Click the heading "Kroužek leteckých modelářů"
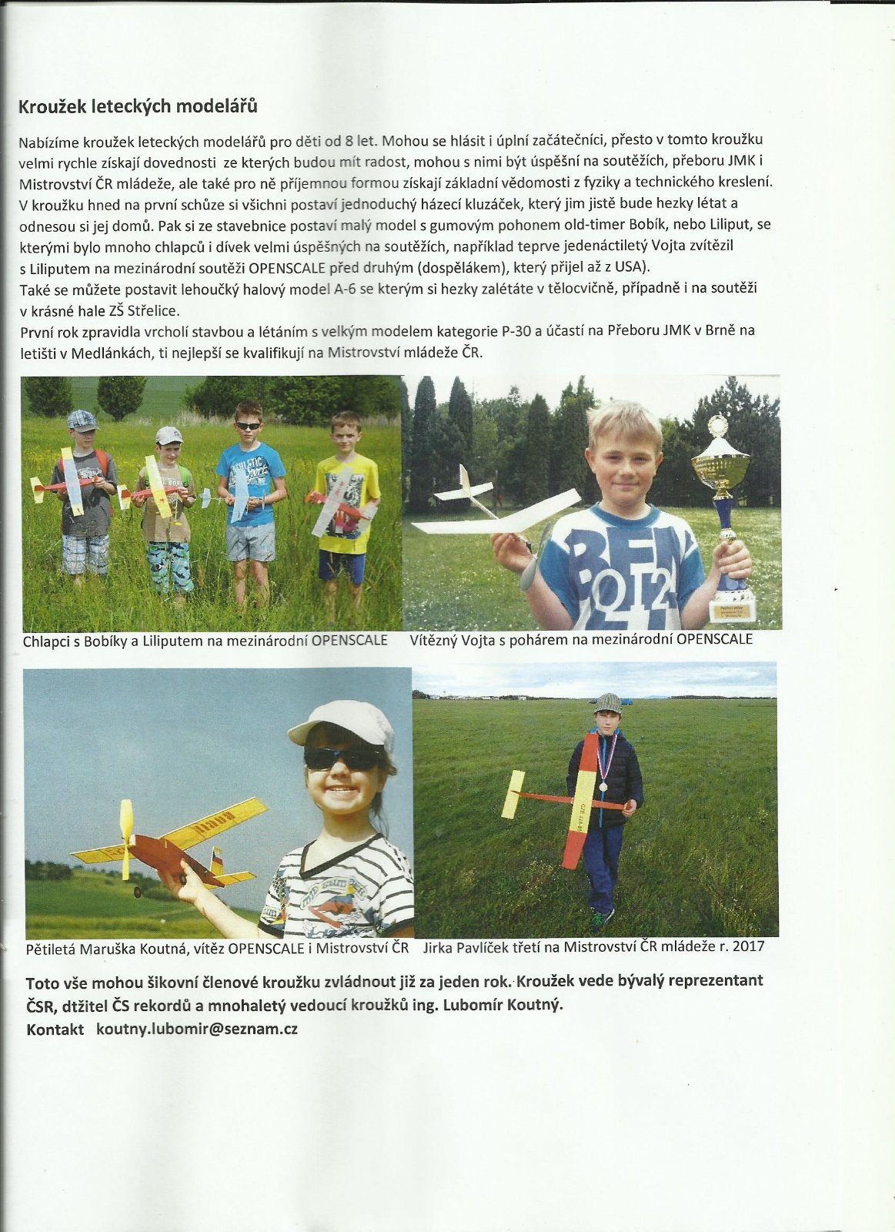(x=138, y=106)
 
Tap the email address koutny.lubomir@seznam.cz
(x=197, y=1029)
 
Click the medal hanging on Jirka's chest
(x=603, y=786)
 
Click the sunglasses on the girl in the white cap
(x=342, y=758)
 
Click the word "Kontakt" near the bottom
(x=55, y=1029)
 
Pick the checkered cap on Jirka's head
(x=608, y=702)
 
